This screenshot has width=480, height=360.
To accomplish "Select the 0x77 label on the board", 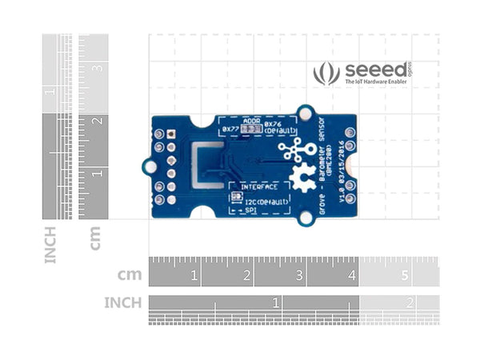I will click(x=231, y=128).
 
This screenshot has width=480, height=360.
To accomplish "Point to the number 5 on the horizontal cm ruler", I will click(x=405, y=276).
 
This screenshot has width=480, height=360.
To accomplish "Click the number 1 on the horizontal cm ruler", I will click(x=194, y=276).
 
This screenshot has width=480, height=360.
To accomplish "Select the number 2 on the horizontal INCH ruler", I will click(x=410, y=303).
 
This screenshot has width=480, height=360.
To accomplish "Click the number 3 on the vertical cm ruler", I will click(x=98, y=68).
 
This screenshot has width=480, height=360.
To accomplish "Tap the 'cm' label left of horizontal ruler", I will click(x=130, y=274).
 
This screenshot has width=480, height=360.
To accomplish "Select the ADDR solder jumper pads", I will click(x=250, y=128).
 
